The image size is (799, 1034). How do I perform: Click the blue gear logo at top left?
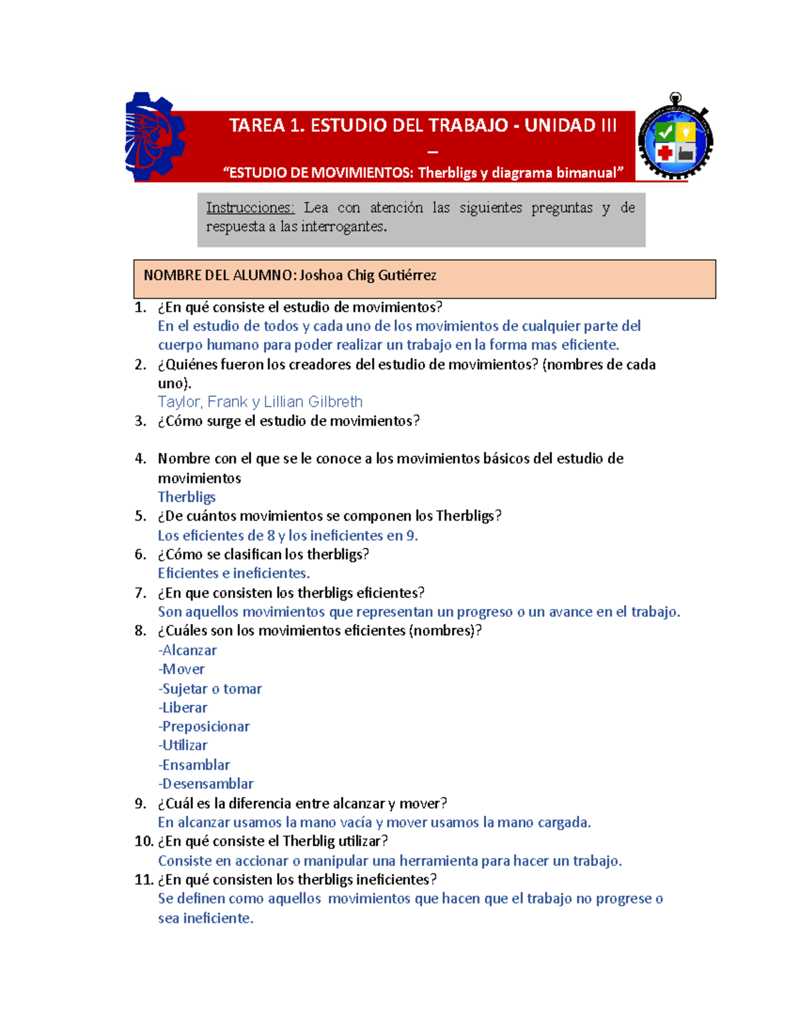[154, 137]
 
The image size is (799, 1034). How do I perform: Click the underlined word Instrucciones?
[250, 208]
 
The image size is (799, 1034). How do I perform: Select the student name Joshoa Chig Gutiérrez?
[368, 276]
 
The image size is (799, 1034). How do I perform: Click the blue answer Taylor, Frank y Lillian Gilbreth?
[260, 402]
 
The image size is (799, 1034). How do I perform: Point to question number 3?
[140, 421]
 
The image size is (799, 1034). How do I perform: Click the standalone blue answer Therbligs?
[186, 497]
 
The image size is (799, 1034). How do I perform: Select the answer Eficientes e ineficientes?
[234, 573]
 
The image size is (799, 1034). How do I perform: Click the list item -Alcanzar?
[187, 650]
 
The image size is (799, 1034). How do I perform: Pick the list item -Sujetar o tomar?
[210, 689]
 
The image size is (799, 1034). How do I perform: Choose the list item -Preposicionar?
[204, 727]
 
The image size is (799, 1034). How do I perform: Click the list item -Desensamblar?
[206, 784]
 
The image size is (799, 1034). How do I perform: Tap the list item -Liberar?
[182, 708]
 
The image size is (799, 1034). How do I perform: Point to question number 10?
[144, 842]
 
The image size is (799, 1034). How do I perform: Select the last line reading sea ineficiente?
[206, 919]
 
